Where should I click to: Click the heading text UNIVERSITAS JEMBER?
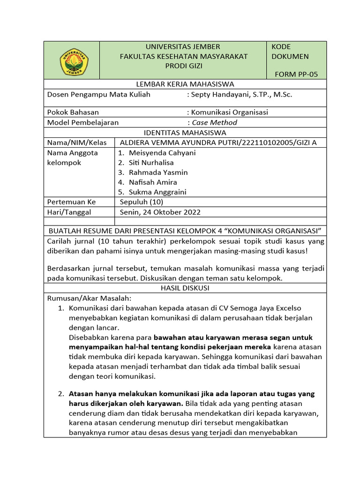(x=183, y=46)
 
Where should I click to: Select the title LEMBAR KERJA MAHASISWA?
(x=185, y=84)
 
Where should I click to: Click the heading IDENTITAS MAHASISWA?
(x=185, y=133)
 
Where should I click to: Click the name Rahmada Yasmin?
(x=158, y=172)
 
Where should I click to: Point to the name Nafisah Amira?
(x=153, y=182)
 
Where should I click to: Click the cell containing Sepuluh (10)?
(x=141, y=202)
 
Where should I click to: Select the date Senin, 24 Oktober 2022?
(x=160, y=212)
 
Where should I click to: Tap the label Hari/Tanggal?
(x=69, y=212)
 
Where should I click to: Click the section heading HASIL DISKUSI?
(x=185, y=288)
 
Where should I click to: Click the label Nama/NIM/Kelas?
(x=77, y=142)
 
